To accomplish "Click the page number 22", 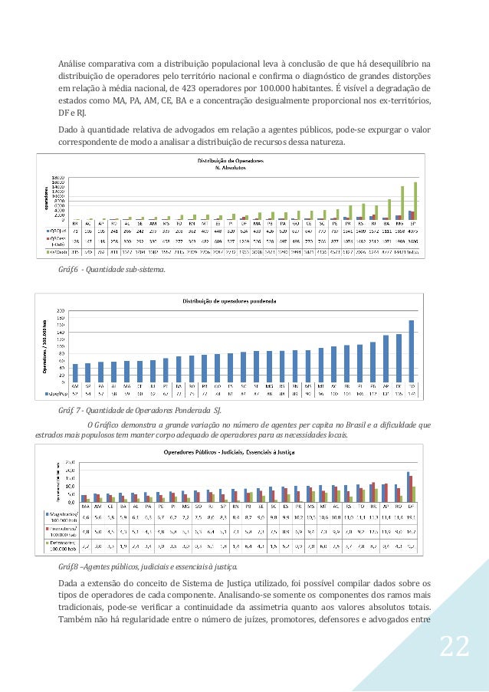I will coord(454,647).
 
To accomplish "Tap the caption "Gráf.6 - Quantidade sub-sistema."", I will coord(111,270).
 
